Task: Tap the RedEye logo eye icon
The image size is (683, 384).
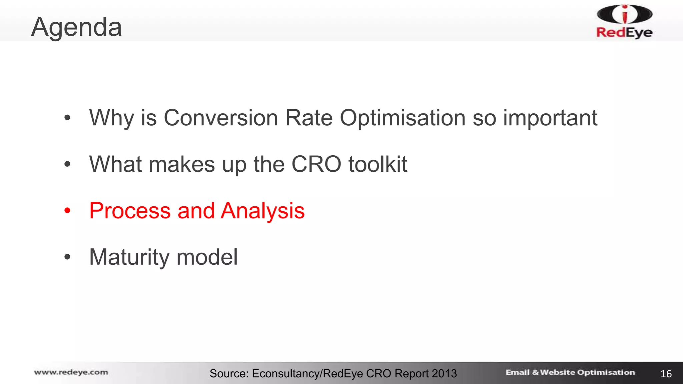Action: click(625, 14)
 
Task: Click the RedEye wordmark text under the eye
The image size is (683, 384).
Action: click(624, 32)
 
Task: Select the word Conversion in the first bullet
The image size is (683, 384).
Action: click(221, 118)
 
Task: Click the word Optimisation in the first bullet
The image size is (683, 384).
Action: click(403, 118)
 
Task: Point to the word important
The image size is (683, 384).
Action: click(550, 118)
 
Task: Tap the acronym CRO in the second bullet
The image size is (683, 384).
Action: click(316, 164)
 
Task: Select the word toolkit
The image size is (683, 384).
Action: click(378, 164)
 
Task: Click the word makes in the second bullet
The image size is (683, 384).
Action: click(182, 164)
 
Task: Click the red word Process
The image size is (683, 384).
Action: click(130, 211)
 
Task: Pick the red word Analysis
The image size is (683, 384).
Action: click(263, 211)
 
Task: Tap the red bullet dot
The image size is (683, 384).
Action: click(68, 211)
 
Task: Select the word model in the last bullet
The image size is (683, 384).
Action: click(207, 257)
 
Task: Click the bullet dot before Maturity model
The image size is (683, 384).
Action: click(68, 257)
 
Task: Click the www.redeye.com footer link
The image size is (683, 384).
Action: click(71, 372)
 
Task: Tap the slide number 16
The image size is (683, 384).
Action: click(666, 374)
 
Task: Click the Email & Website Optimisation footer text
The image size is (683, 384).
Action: click(570, 372)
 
